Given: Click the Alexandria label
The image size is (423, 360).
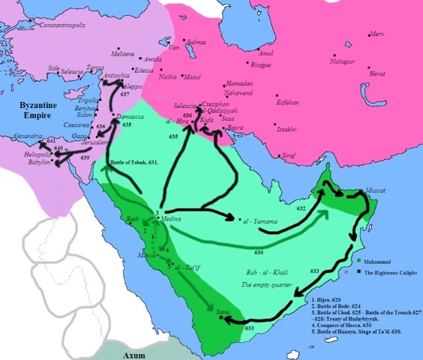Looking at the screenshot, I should (23, 139).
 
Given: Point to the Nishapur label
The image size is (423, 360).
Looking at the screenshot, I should (364, 55).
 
